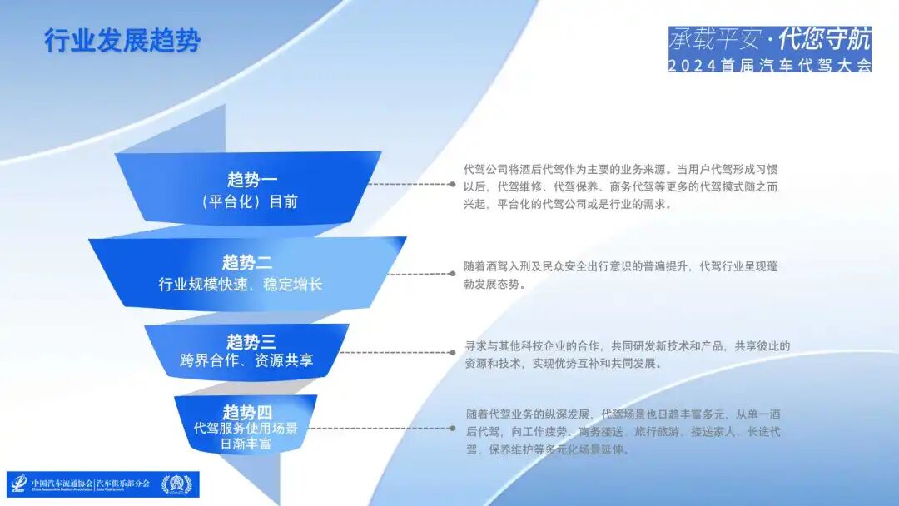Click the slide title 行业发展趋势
click(122, 41)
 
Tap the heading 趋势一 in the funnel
click(252, 180)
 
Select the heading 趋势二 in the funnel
click(246, 263)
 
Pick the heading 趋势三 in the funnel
click(251, 341)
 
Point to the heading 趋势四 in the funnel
click(247, 413)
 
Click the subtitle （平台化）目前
click(250, 201)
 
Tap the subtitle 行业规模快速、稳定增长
click(241, 285)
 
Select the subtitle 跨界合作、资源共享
click(246, 361)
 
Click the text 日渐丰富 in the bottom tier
click(246, 444)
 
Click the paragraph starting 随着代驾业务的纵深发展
click(623, 432)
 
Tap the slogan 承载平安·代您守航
click(770, 38)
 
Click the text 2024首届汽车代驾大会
click(770, 65)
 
